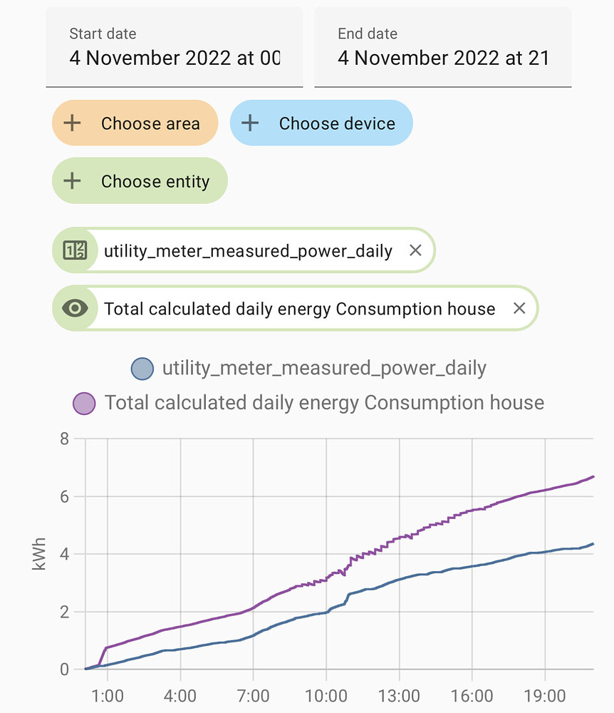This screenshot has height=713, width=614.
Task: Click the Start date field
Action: tap(175, 47)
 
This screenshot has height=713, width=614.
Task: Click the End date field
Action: tap(442, 47)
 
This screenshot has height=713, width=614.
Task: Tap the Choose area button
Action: tap(135, 123)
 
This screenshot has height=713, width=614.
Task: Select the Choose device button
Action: tap(321, 123)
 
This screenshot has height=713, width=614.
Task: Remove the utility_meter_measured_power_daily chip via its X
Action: tap(416, 251)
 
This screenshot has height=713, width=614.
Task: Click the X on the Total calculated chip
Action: tap(519, 309)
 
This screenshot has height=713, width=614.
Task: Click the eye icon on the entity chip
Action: tap(75, 309)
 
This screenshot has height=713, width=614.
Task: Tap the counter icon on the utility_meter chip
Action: tap(75, 251)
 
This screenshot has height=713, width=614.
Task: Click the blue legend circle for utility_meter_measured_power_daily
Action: tap(142, 369)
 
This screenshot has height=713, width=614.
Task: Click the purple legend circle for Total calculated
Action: tap(84, 403)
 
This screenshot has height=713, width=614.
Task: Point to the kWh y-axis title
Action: tap(40, 554)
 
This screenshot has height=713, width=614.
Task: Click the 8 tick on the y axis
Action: tap(64, 438)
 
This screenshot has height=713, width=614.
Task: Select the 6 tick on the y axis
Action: tap(64, 496)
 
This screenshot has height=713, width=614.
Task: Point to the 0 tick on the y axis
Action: tap(64, 670)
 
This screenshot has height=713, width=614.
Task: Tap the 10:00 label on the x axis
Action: tap(326, 695)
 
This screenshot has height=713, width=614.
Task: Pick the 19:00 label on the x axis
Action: tap(545, 695)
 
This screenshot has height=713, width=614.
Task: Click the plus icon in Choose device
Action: tap(249, 123)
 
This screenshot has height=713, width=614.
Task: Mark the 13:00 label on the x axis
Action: tap(399, 695)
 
